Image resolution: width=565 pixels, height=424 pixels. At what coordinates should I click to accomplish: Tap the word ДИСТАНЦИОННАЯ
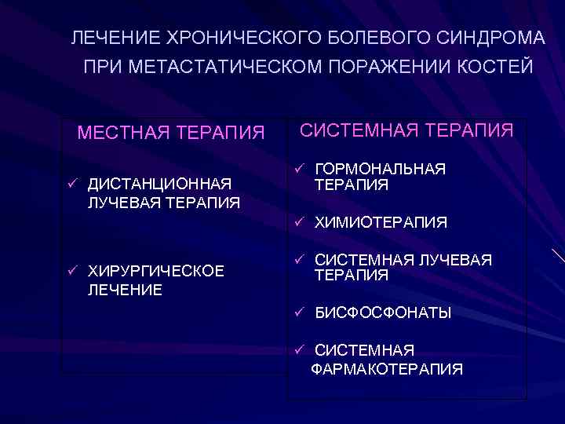[x=159, y=185]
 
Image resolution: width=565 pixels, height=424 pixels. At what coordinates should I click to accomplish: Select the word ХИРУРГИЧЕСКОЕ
[x=156, y=272]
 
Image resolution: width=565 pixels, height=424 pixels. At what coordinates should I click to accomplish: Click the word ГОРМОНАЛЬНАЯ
[x=380, y=170]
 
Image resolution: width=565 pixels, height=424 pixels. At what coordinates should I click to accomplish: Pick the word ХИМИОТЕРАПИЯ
[x=381, y=223]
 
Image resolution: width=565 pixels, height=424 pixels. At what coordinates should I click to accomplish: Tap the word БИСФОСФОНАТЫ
[x=383, y=313]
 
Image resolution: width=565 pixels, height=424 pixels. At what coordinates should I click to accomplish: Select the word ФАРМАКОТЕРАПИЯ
[x=387, y=368]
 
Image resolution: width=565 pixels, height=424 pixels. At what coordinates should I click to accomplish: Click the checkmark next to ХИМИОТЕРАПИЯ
[x=299, y=223]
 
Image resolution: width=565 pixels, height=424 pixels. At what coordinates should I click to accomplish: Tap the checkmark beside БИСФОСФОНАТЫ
[x=299, y=313]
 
